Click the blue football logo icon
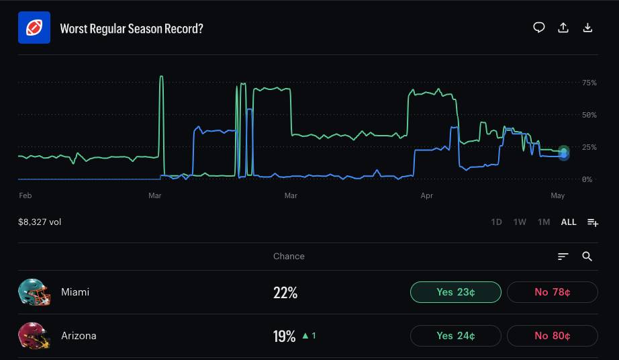click(34, 28)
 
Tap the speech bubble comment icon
click(539, 28)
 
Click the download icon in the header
click(587, 28)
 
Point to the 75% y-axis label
click(589, 83)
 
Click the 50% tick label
click(589, 115)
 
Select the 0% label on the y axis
click(587, 179)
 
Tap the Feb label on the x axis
click(26, 195)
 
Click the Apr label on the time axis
click(427, 195)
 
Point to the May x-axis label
click(557, 195)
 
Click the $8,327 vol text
click(40, 222)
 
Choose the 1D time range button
click(496, 222)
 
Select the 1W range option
click(520, 222)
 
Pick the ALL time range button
click(569, 222)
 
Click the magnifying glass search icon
click(587, 257)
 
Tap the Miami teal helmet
click(34, 292)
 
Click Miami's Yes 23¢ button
click(456, 292)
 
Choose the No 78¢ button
click(553, 292)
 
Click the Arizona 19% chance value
click(284, 336)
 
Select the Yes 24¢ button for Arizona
click(456, 336)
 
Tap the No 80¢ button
click(553, 336)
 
